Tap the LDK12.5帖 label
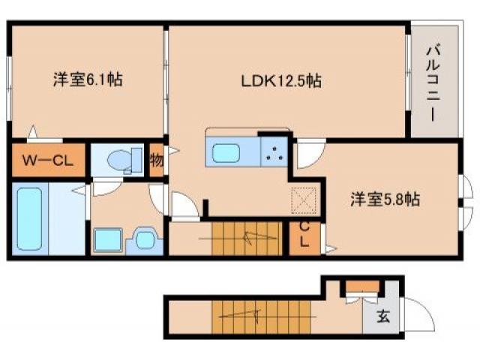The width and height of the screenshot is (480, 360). pos(281,81)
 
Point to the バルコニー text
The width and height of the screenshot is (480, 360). pos(433,82)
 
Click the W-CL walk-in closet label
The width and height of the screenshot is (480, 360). pos(46,159)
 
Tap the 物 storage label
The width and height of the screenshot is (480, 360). pos(156,160)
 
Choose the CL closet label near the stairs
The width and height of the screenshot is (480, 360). pos(305,235)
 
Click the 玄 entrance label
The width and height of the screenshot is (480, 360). pos(382,316)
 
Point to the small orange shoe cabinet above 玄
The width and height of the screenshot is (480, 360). pos(362,286)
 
